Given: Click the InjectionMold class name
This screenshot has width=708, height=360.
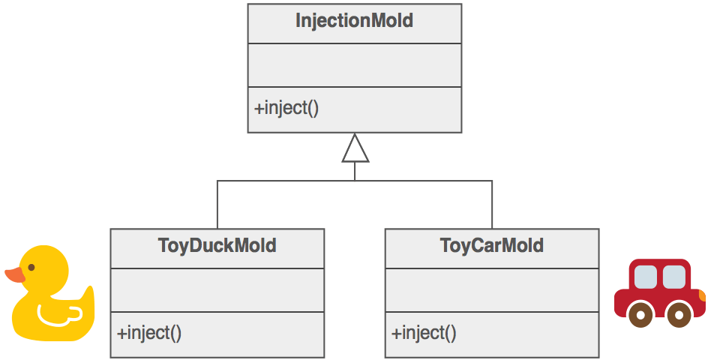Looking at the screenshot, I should (x=354, y=21).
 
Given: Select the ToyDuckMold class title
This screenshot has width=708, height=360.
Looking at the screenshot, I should (x=217, y=246).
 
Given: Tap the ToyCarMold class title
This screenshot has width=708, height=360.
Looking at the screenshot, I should (x=491, y=246).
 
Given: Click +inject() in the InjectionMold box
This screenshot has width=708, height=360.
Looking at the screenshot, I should (x=286, y=108).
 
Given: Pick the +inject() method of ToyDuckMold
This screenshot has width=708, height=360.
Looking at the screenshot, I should (x=149, y=332).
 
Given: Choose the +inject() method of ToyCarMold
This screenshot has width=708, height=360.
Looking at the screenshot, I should (x=424, y=332).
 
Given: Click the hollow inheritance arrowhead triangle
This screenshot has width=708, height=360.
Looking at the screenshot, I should (x=355, y=149).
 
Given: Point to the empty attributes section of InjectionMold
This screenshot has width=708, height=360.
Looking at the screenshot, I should (x=354, y=65).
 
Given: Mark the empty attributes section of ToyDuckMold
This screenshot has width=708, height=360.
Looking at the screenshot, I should (x=217, y=289).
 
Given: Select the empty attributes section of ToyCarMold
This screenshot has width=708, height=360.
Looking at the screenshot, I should (x=491, y=289).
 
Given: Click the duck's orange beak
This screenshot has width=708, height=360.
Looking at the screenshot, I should (x=14, y=275).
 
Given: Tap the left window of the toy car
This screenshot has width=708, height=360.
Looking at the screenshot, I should (x=646, y=277).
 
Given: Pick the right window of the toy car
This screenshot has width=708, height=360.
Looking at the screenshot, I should (x=673, y=277).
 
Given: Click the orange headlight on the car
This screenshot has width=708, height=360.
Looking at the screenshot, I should (x=702, y=297).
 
